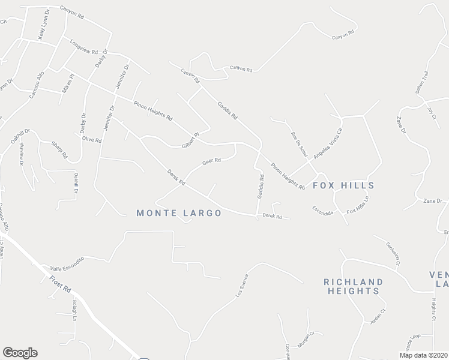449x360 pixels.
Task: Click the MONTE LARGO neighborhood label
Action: point(179,213)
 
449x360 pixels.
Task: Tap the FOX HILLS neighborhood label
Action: point(343,185)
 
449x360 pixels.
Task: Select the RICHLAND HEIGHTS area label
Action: point(353,286)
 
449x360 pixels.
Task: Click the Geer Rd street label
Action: point(212,161)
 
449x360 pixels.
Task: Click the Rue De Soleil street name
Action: point(299,145)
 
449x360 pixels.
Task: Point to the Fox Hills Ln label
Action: point(358,205)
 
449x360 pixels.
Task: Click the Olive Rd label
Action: point(92,139)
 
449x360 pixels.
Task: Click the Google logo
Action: point(20,353)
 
